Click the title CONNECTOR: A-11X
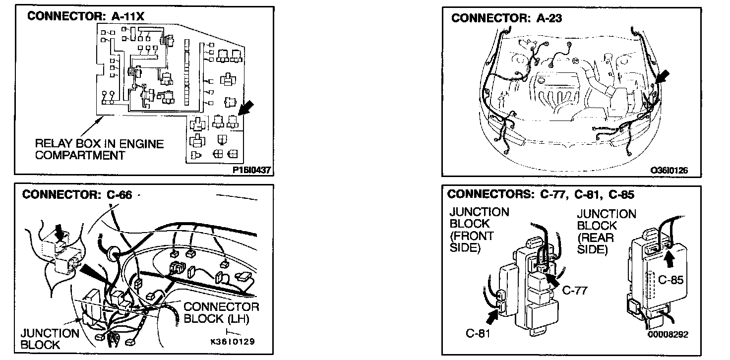85,15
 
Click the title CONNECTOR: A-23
506,18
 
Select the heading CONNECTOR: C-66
77,194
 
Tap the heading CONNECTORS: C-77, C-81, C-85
541,194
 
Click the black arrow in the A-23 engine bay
662,77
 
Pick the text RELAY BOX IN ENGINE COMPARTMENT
99,149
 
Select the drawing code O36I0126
669,171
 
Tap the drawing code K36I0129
233,342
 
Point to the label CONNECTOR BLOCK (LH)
221,312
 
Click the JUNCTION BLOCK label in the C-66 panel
50,339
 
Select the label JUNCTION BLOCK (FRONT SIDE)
479,230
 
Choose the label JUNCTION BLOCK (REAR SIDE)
606,232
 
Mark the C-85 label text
671,280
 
